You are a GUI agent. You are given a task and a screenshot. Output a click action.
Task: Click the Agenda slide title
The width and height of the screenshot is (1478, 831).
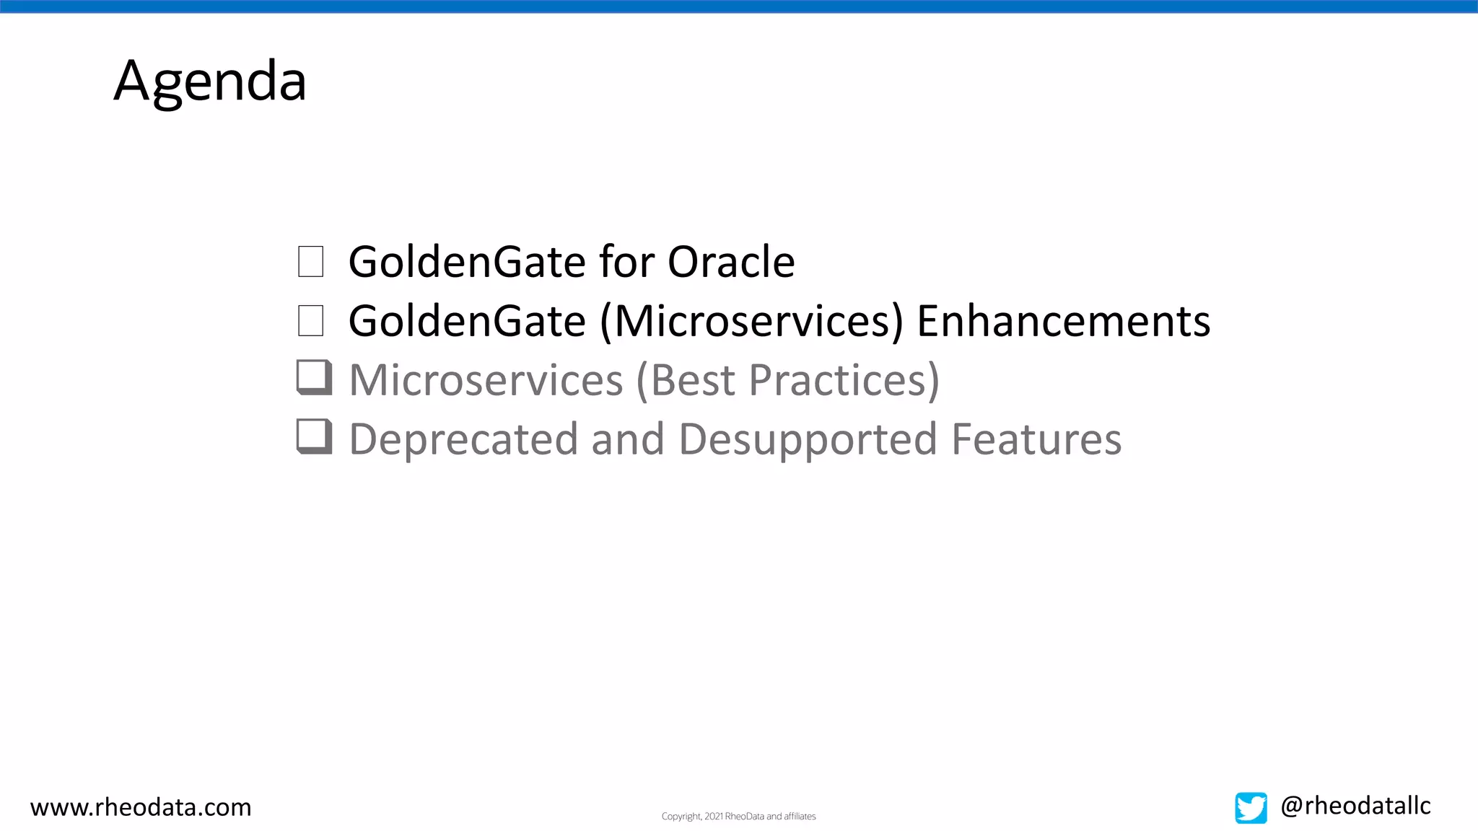(x=210, y=81)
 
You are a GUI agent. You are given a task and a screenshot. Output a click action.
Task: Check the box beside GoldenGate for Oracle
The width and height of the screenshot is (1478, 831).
(x=310, y=261)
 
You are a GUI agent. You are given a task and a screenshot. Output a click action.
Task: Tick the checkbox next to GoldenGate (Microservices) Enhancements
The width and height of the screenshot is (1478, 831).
(x=310, y=320)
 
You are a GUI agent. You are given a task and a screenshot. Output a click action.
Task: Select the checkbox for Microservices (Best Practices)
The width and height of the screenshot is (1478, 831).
(x=314, y=378)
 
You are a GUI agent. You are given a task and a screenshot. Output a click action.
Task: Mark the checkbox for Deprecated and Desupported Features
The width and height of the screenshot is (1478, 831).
(x=314, y=437)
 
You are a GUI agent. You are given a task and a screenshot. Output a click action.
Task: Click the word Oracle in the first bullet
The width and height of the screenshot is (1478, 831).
(x=730, y=261)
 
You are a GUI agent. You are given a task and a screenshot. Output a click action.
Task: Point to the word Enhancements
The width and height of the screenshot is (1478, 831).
(x=1063, y=321)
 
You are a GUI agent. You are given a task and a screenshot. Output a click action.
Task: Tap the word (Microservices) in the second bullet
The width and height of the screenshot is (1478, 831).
(x=751, y=321)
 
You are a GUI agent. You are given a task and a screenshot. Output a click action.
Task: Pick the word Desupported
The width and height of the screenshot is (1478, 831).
(x=808, y=439)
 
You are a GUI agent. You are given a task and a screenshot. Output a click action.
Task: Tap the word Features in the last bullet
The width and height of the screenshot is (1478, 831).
(x=1036, y=439)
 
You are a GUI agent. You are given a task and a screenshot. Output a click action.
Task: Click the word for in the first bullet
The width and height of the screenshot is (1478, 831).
(x=626, y=261)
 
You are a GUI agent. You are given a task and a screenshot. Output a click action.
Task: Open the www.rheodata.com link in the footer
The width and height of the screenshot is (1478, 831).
(x=141, y=807)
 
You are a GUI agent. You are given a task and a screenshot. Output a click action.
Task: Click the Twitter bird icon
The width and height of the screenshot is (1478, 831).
(x=1251, y=808)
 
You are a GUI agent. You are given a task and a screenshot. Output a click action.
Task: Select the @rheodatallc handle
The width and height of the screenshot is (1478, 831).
(x=1355, y=806)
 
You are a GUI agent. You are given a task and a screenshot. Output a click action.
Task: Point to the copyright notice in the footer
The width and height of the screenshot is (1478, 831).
(x=738, y=817)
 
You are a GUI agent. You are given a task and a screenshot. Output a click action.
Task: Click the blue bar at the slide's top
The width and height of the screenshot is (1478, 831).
(x=739, y=6)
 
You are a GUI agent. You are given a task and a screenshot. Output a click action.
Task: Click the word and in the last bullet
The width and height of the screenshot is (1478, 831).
(x=627, y=439)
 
